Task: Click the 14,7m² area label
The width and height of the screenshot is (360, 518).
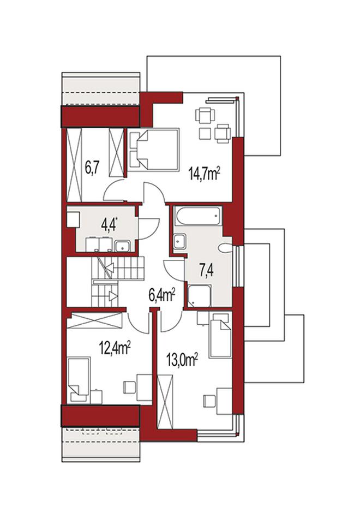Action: click(205, 174)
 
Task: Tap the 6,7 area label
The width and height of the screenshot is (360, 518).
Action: click(92, 168)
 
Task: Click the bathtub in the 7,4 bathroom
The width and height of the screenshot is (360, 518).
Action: click(198, 216)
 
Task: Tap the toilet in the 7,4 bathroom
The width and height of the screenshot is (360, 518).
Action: click(226, 248)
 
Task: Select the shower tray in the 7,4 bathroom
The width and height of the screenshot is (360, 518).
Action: click(199, 296)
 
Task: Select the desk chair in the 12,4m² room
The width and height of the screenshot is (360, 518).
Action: click(129, 388)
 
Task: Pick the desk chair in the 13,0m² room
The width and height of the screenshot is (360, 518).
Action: click(209, 401)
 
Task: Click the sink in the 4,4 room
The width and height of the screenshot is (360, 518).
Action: click(123, 246)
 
